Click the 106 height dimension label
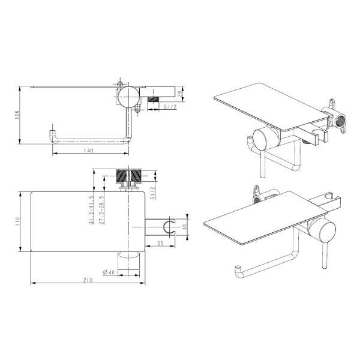point(17,115)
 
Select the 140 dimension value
point(89,151)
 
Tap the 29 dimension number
point(181,94)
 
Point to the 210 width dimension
point(88,280)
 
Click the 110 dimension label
point(17,221)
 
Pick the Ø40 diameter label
point(109,272)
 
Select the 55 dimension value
point(160,243)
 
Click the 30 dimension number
point(184,227)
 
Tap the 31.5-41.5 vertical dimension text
point(91,210)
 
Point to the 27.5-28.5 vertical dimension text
point(102,210)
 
